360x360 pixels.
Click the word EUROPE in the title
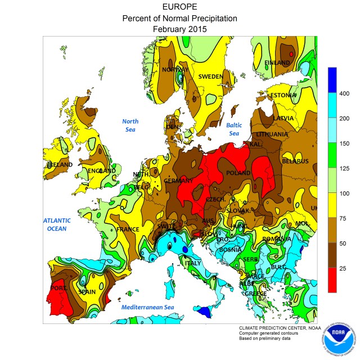[x=179, y=7]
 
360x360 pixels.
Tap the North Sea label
[x=130, y=125]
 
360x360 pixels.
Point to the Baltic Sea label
[x=234, y=129]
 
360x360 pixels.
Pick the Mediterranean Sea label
[x=147, y=308]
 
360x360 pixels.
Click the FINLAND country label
[x=277, y=63]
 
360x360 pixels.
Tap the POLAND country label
[x=237, y=173]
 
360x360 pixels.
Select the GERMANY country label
[x=178, y=181]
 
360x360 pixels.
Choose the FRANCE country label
[x=127, y=229]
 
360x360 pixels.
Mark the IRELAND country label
[x=60, y=165]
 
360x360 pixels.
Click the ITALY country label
[x=193, y=263]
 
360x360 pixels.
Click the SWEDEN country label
[x=210, y=76]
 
